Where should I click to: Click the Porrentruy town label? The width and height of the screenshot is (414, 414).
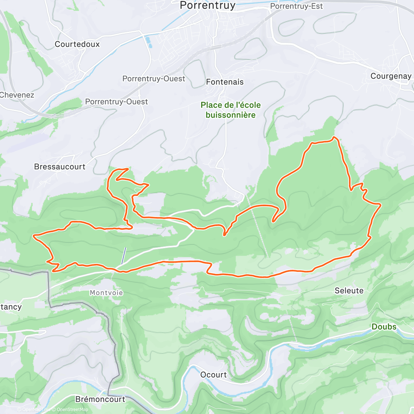[208, 6]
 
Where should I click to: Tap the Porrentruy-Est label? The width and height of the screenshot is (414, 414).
[296, 6]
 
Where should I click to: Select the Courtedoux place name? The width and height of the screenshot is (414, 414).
[77, 44]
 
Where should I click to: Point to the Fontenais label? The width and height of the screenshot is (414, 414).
[225, 82]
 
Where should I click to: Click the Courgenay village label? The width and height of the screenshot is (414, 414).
[391, 76]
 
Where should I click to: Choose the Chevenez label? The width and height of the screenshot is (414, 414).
[17, 95]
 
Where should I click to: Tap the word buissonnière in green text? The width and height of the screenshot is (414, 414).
[230, 115]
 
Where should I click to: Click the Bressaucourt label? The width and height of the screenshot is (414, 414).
[60, 167]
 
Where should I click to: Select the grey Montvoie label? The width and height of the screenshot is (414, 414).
[106, 293]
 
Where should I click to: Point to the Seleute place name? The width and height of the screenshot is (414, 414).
[349, 291]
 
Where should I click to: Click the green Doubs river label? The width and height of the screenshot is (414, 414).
[384, 327]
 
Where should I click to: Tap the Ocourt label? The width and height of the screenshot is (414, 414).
[214, 375]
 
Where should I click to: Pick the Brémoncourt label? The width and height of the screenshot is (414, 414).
[100, 399]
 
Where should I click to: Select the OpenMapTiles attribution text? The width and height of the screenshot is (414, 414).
[36, 410]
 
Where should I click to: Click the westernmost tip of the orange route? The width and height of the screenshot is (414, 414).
[33, 236]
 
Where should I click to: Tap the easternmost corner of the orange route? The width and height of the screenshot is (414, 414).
[381, 205]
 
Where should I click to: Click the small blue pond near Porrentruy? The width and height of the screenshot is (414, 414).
[149, 42]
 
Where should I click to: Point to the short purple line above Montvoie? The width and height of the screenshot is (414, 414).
[124, 256]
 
